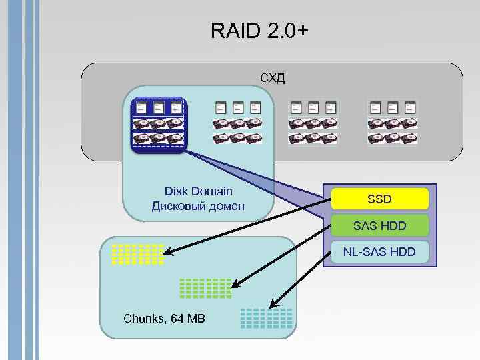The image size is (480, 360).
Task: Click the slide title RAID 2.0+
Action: tap(259, 31)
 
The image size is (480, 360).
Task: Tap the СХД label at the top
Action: tap(272, 78)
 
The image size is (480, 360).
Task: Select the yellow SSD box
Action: tap(379, 199)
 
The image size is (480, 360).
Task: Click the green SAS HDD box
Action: tap(379, 226)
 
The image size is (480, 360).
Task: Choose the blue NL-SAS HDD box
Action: tap(379, 252)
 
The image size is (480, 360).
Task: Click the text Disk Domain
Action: tap(198, 191)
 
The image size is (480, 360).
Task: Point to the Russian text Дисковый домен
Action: tap(198, 206)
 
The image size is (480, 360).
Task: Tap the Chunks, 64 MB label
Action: tap(165, 319)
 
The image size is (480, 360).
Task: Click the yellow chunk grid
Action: tap(137, 255)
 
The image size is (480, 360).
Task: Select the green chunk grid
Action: tap(206, 287)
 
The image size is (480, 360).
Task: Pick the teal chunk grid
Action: tap(266, 318)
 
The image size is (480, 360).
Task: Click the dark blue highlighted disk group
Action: tap(159, 125)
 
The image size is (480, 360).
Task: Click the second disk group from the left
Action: tap(237, 123)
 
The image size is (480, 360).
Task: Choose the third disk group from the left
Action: tap(313, 123)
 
